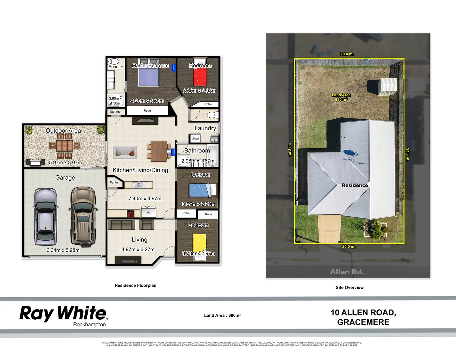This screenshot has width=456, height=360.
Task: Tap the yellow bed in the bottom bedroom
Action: pos(199,243)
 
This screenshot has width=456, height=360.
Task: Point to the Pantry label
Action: pos(114,182)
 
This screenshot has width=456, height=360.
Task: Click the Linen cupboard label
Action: pos(195,138)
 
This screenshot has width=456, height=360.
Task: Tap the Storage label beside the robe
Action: pos(115,112)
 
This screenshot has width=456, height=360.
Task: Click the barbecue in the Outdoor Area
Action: pos(35,162)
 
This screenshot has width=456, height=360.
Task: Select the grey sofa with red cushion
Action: pos(125,152)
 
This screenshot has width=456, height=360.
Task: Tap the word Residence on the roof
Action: pos(355,185)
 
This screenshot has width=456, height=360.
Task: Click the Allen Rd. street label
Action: pos(347,272)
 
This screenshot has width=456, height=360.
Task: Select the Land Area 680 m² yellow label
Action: pos(341,97)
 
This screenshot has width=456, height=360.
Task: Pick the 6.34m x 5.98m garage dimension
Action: pos(63,250)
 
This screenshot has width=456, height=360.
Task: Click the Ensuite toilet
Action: pos(114,62)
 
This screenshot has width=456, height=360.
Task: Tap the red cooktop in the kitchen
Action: pos(131,214)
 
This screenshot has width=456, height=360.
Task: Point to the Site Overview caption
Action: pos(349,287)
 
